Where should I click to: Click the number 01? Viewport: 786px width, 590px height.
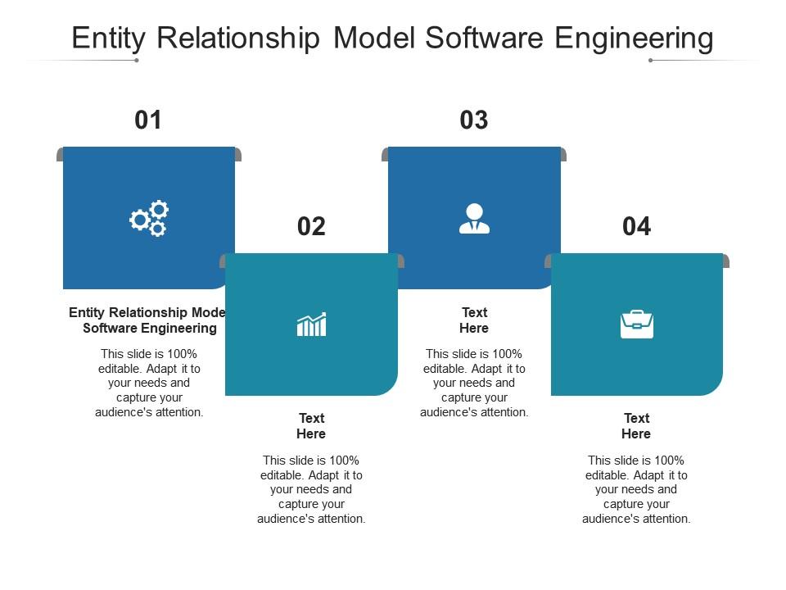[148, 120]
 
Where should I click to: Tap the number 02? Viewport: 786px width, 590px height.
[311, 226]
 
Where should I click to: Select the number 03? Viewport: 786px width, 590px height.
[474, 120]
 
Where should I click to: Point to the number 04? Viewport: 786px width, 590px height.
[637, 226]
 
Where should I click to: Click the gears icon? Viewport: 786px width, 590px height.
[149, 218]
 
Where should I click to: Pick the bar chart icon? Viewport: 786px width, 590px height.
[311, 324]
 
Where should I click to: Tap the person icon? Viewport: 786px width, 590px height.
[474, 219]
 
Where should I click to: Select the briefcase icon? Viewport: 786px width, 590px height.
[637, 324]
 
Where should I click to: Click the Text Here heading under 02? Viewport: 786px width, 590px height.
[311, 426]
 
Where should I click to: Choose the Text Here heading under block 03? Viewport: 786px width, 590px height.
[474, 320]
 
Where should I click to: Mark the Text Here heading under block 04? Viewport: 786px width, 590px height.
[636, 426]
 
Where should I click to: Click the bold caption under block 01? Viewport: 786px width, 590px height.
[148, 320]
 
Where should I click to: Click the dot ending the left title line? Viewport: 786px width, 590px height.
[137, 60]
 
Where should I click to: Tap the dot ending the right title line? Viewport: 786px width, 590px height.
[650, 60]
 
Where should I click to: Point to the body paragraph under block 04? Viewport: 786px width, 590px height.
[636, 489]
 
